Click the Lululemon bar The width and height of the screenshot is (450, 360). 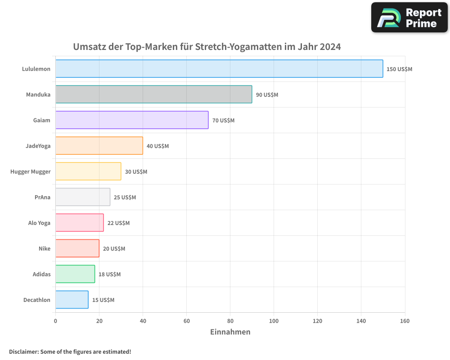[219, 69]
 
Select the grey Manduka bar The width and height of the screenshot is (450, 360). [153, 94]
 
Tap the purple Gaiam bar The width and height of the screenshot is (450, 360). [132, 120]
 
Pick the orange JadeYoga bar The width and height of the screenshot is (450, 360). [99, 146]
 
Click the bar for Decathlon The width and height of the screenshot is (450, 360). [72, 300]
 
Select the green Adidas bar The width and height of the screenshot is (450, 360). [75, 274]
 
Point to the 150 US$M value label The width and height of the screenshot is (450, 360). [399, 69]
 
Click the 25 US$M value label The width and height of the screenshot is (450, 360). [125, 198]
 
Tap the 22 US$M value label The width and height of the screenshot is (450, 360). [118, 223]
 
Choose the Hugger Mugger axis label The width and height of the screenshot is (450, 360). [31, 172]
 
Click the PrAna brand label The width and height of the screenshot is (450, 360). [42, 198]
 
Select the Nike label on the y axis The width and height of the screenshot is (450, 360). [45, 249]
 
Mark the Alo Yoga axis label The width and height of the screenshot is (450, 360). [39, 223]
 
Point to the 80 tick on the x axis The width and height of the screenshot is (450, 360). [230, 321]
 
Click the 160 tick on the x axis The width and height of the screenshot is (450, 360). [405, 321]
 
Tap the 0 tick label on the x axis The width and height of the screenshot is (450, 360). [55, 321]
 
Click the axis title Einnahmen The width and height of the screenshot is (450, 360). [230, 332]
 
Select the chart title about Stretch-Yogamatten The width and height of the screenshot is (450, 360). [207, 47]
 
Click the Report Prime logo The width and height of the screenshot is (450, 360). [409, 18]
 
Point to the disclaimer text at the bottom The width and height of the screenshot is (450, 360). [70, 351]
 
